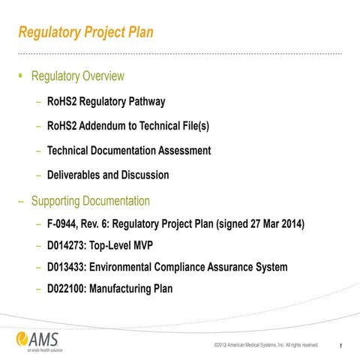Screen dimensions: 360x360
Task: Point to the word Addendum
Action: tap(116, 126)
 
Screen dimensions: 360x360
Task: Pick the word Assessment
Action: tap(184, 151)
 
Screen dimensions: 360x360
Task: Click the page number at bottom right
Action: tap(341, 346)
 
